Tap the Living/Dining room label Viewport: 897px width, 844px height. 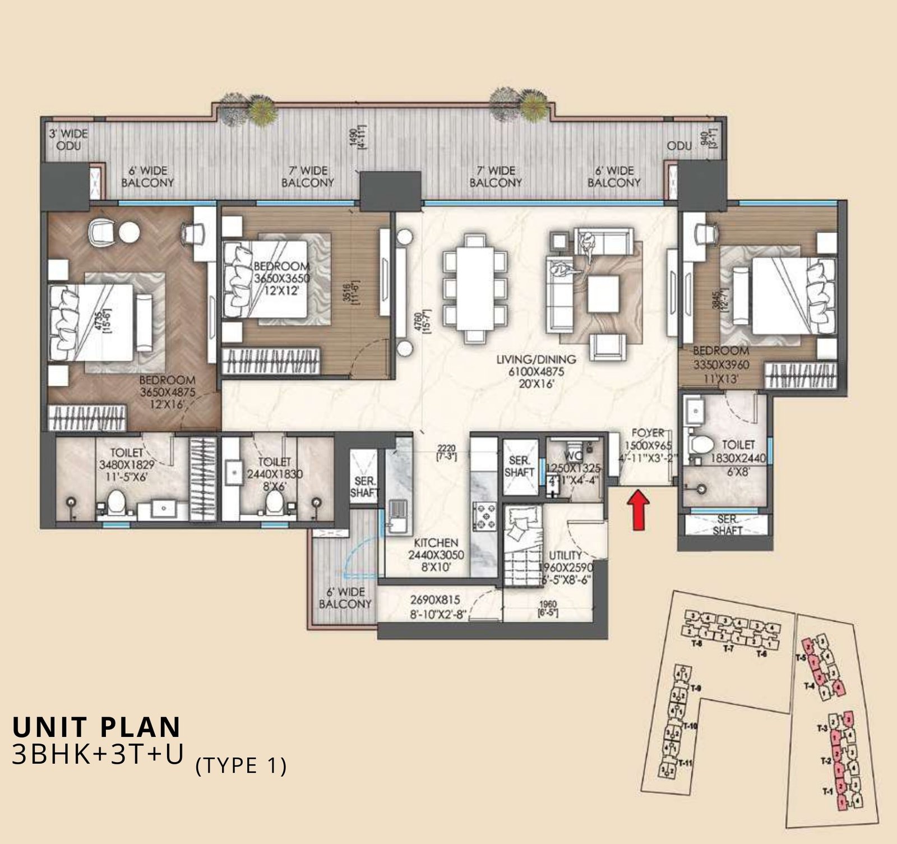[537, 371]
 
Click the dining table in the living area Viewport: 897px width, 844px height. [475, 288]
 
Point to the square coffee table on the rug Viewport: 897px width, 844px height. [604, 294]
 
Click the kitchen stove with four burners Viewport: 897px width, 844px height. [485, 516]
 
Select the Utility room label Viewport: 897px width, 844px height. [565, 567]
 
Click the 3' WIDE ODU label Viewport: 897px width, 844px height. [68, 140]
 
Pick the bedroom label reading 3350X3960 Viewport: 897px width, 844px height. [720, 365]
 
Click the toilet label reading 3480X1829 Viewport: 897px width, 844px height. [126, 464]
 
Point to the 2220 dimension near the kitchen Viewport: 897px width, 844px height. [447, 452]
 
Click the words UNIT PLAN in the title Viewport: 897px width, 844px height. [96, 727]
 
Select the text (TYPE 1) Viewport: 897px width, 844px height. [241, 765]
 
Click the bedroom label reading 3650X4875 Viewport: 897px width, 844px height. [167, 392]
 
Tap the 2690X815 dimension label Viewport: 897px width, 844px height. [435, 606]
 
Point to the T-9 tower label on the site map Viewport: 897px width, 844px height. [696, 688]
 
